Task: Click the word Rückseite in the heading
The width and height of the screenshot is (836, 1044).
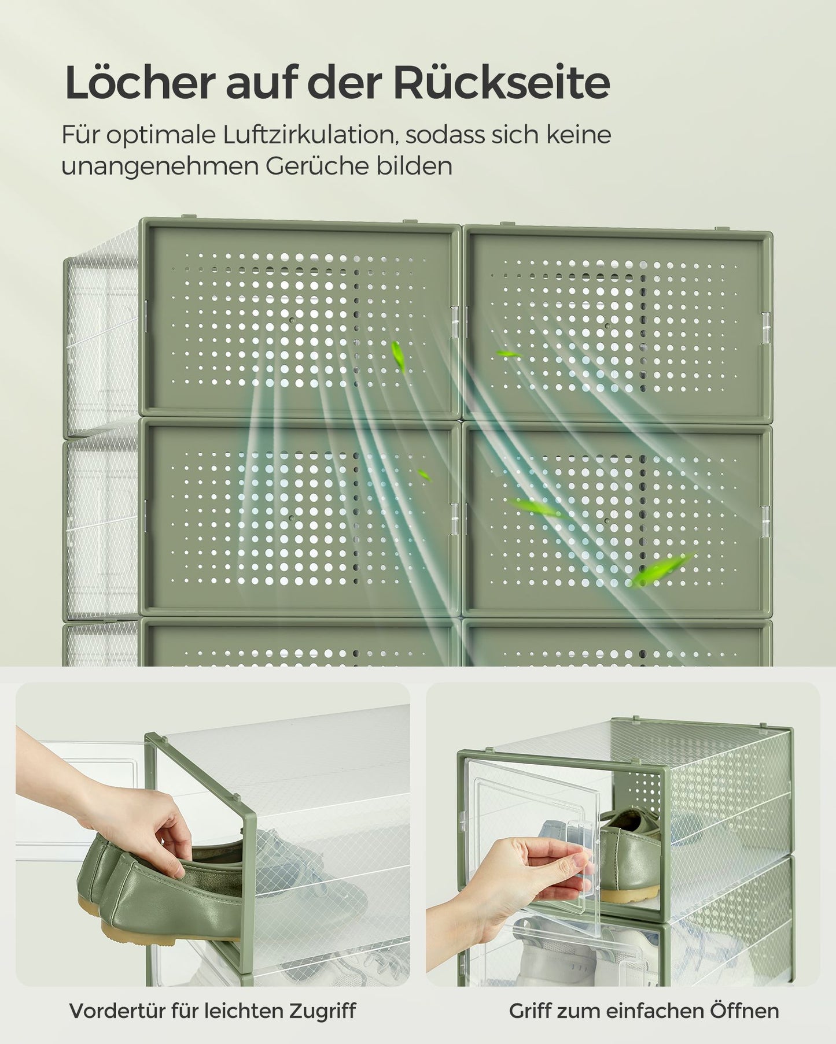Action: pos(502,83)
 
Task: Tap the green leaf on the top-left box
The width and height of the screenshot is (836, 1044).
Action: pos(398,355)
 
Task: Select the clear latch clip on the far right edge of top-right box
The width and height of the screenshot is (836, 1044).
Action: pos(766,325)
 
